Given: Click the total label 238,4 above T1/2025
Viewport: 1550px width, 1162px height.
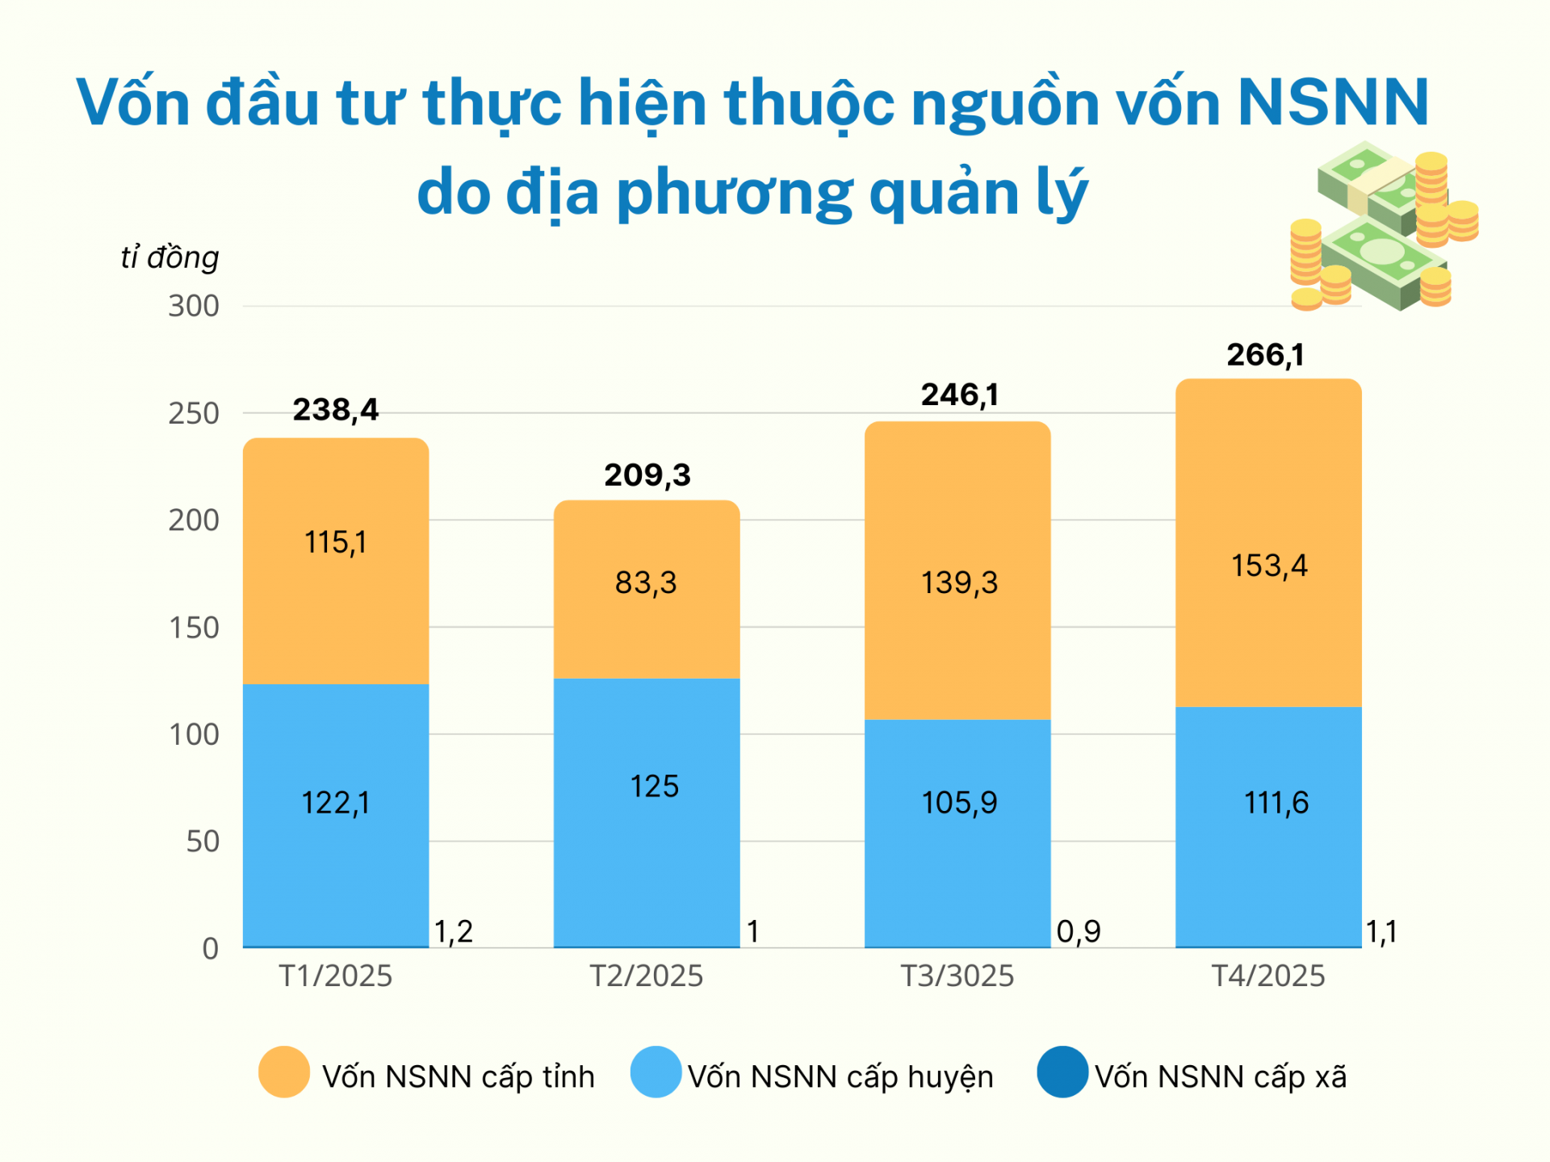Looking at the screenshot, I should point(335,410).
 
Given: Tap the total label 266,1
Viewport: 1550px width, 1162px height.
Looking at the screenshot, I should point(1265,355).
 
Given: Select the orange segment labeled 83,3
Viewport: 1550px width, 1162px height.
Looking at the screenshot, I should point(646,589).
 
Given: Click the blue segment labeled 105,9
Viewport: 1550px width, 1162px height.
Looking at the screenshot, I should point(958,831).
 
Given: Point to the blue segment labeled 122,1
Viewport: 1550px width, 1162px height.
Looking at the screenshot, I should point(335,815).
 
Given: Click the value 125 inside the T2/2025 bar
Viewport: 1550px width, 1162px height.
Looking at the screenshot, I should point(654,786).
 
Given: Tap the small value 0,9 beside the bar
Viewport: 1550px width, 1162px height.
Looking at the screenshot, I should point(1079,932).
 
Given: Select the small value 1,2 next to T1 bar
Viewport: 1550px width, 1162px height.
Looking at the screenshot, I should point(454,932).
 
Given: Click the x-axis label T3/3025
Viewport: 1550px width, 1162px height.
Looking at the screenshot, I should point(957,976).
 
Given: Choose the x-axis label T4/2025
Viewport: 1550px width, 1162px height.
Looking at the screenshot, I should point(1268,976).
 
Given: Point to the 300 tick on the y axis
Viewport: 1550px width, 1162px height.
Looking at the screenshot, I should point(194,307).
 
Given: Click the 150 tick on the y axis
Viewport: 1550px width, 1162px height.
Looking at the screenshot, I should point(194,628).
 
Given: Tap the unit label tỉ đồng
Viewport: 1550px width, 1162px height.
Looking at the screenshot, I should point(170,257).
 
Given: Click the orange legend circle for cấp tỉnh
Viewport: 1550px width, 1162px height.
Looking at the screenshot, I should point(283,1072).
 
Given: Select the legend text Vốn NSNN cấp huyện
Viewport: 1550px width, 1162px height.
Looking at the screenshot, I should point(840,1077).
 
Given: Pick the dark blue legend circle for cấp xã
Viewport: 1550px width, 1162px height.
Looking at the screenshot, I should point(1062,1072).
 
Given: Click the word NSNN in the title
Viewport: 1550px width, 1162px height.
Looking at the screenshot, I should point(1333,102).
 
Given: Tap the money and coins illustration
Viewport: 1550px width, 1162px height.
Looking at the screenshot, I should point(1382,228).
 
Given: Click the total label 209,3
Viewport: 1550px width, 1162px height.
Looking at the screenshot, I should point(647,475).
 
